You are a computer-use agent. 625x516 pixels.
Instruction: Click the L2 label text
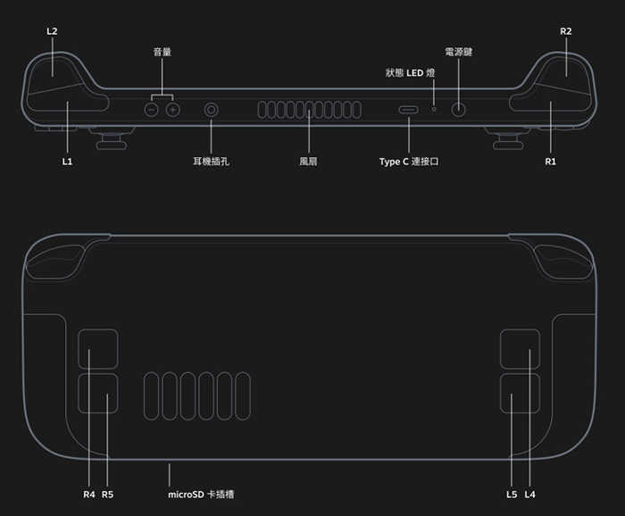point(52,31)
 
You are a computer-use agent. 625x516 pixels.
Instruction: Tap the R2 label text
point(566,31)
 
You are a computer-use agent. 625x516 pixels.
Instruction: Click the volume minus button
point(152,110)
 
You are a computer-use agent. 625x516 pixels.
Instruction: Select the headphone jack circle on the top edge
point(212,110)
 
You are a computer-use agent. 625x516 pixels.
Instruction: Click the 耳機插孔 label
point(212,162)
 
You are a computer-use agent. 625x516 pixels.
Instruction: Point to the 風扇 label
point(309,162)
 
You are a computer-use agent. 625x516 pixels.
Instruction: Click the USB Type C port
point(409,111)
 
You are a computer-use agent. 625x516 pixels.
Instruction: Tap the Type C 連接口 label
point(409,162)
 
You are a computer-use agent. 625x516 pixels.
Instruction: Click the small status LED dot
point(435,110)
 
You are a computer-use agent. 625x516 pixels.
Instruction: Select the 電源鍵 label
point(458,52)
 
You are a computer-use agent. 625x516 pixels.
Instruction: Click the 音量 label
point(162,52)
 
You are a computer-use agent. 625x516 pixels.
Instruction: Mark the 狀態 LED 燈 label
point(410,72)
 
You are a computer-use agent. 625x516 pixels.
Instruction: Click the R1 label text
point(550,162)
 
